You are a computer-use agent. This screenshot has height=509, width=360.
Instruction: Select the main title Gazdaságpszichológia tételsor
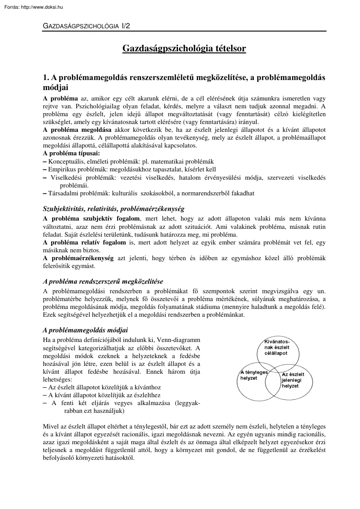(184, 48)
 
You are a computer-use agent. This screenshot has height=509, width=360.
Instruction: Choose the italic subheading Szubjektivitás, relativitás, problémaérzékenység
(113, 209)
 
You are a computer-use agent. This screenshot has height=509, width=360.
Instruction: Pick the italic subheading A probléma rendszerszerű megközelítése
(103, 281)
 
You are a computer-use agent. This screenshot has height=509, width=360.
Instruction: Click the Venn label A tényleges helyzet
(253, 375)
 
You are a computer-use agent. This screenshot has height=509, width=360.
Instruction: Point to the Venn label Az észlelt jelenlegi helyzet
(293, 380)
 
